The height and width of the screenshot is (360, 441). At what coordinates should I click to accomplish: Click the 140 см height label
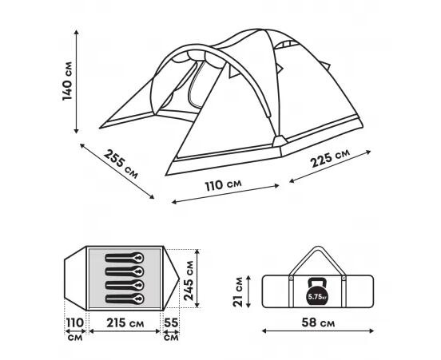click(67, 81)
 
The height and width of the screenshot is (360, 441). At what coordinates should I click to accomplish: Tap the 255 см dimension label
click(121, 164)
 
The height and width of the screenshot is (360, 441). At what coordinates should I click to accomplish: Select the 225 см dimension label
click(330, 158)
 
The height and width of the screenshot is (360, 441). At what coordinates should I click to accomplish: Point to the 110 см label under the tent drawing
click(223, 185)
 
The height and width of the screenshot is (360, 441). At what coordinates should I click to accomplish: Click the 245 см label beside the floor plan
click(189, 280)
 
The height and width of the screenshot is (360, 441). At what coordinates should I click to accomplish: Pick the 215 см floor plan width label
click(125, 323)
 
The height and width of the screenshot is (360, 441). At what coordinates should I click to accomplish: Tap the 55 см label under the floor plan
click(171, 329)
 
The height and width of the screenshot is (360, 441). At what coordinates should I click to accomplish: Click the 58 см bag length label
click(318, 322)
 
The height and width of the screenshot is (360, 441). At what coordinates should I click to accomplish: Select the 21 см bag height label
click(238, 291)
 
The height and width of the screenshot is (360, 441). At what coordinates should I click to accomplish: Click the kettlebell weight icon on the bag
click(318, 291)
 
